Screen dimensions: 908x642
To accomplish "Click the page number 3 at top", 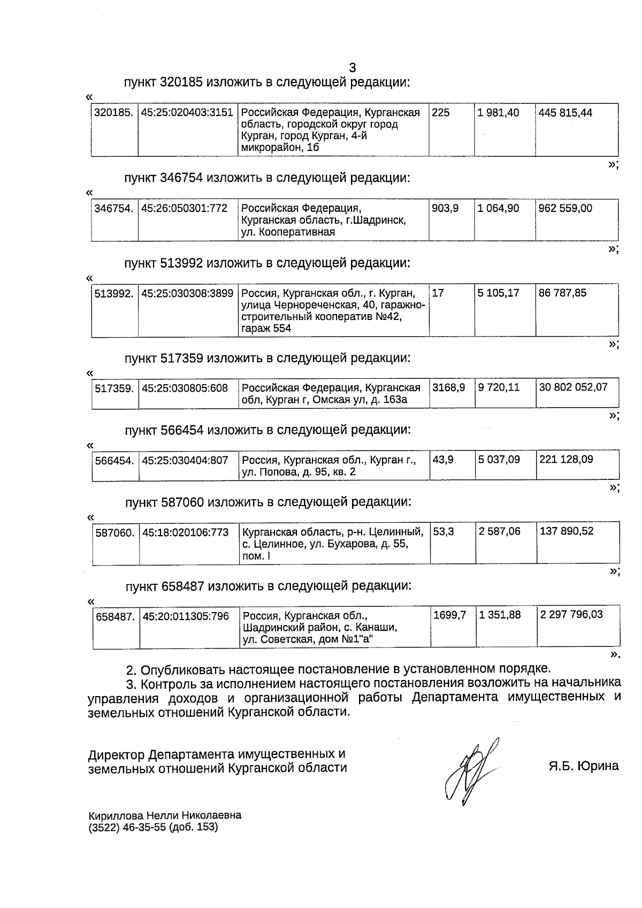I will (x=353, y=68).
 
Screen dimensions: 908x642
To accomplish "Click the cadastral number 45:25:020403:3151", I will (x=187, y=113).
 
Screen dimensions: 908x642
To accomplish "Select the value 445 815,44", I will (x=565, y=113).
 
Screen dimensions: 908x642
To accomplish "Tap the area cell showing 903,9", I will (x=445, y=208).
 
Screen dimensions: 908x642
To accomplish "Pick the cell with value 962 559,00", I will (x=565, y=208).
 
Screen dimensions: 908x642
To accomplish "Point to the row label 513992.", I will (x=114, y=293).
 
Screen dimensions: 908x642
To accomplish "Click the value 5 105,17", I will (x=498, y=293).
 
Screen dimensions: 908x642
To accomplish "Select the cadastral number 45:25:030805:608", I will (x=185, y=388).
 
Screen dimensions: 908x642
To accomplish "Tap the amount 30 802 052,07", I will (x=574, y=387).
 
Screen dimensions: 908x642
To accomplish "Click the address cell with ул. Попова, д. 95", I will (x=328, y=466).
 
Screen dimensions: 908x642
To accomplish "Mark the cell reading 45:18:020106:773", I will (x=186, y=532).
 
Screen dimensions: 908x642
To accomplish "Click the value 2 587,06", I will (x=500, y=531).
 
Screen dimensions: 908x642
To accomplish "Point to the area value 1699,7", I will (x=450, y=615).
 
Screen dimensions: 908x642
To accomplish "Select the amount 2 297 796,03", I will (x=571, y=615).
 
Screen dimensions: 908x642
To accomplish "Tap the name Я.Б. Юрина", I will (x=583, y=766).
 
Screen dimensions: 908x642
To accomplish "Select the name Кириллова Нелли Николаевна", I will (x=165, y=815).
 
